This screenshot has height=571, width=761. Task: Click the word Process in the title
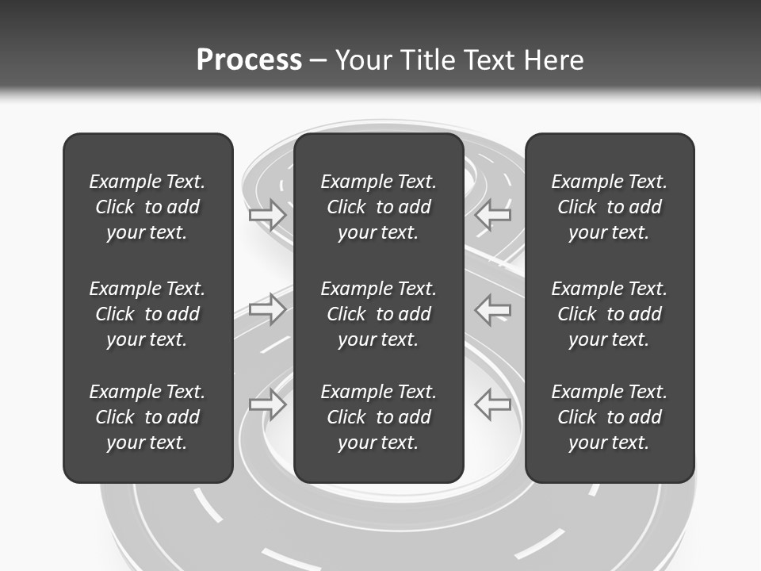[x=249, y=60]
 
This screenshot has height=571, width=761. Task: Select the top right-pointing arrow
[x=267, y=214]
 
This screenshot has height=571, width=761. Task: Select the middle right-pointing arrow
[x=267, y=309]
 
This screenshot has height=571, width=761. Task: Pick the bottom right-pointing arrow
[x=267, y=404]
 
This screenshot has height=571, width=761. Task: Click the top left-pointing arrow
[x=493, y=214]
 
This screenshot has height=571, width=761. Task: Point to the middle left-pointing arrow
[x=493, y=309]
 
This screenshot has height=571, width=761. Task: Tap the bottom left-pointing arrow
[x=493, y=404]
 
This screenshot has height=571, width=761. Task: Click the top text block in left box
[x=147, y=207]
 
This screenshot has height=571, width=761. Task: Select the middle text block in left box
[x=147, y=314]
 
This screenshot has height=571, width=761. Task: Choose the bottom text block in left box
[x=147, y=417]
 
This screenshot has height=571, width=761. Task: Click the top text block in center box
[x=379, y=207]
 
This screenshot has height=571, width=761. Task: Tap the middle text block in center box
[x=379, y=314]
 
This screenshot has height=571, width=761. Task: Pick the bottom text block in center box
[x=379, y=417]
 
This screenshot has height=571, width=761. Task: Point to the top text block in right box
[x=610, y=207]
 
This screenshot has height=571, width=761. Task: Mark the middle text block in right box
[x=610, y=314]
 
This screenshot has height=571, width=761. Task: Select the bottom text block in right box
[x=610, y=417]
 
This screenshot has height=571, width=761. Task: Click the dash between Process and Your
[x=318, y=61]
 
